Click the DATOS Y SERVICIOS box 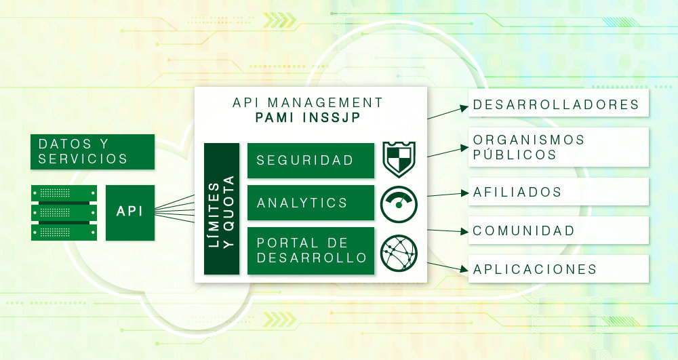pyautogui.click(x=92, y=151)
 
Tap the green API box pyautogui.click(x=129, y=212)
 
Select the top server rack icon pyautogui.click(x=64, y=193)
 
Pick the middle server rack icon pyautogui.click(x=64, y=213)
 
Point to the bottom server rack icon pyautogui.click(x=64, y=233)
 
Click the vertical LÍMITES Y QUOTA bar pyautogui.click(x=222, y=209)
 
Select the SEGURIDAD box pyautogui.click(x=311, y=161)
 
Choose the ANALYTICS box pyautogui.click(x=311, y=203)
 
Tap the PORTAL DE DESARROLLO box pyautogui.click(x=311, y=251)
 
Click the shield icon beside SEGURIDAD pyautogui.click(x=399, y=159)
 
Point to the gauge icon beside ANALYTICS pyautogui.click(x=399, y=203)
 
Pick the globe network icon pyautogui.click(x=399, y=251)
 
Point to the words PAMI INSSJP pyautogui.click(x=308, y=119)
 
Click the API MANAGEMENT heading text pyautogui.click(x=308, y=103)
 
